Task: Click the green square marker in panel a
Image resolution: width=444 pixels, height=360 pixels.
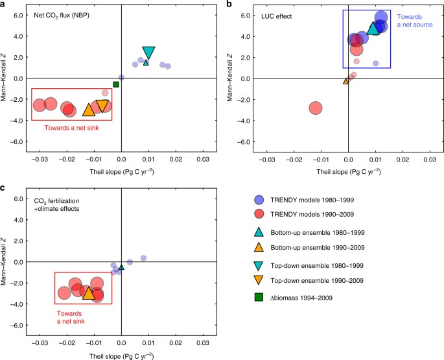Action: click(116, 84)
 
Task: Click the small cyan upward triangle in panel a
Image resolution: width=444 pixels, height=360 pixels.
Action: click(146, 63)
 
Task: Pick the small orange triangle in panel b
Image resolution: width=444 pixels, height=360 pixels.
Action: click(345, 81)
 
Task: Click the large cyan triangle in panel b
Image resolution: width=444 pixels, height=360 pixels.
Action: click(374, 29)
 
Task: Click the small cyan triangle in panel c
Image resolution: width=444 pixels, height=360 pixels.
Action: click(121, 267)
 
